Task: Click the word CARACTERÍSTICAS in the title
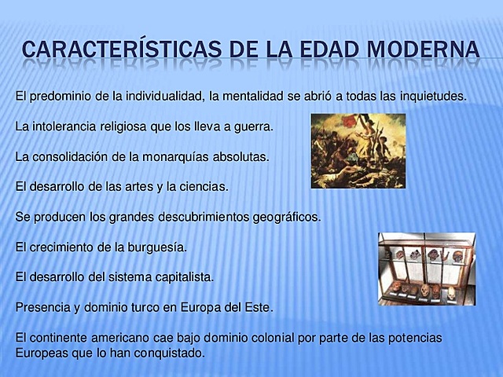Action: (115, 49)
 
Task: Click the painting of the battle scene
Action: (358, 151)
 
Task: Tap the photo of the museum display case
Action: (427, 268)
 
